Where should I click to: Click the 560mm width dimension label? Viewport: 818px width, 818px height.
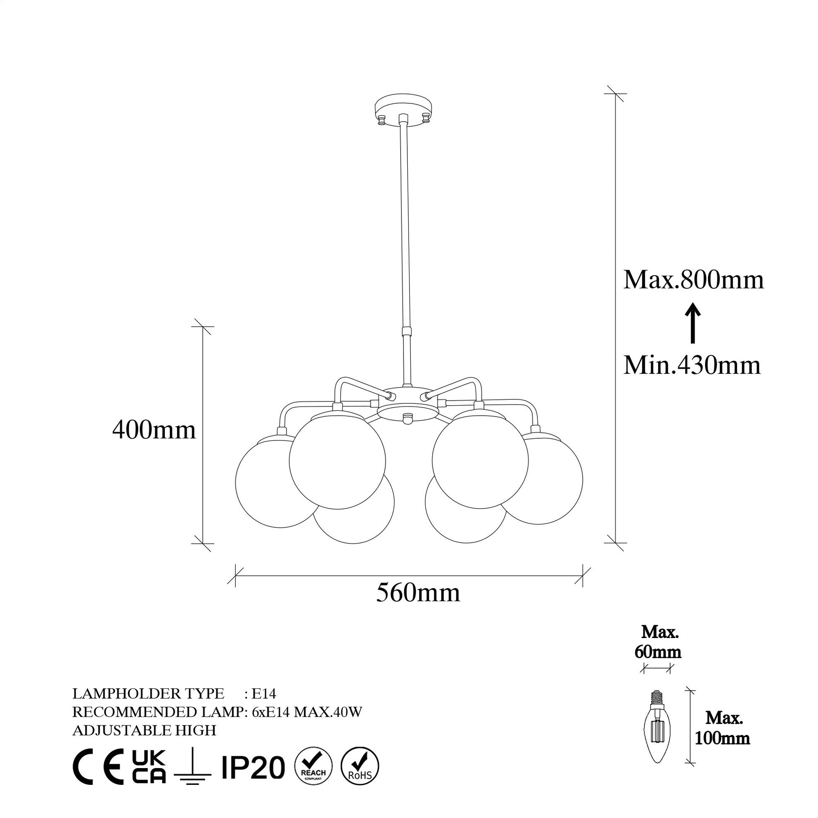point(418,593)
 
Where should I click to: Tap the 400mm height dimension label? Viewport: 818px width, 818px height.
point(154,430)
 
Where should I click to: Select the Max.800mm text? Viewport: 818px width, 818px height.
point(693,280)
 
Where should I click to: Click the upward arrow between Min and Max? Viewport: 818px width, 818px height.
point(693,323)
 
